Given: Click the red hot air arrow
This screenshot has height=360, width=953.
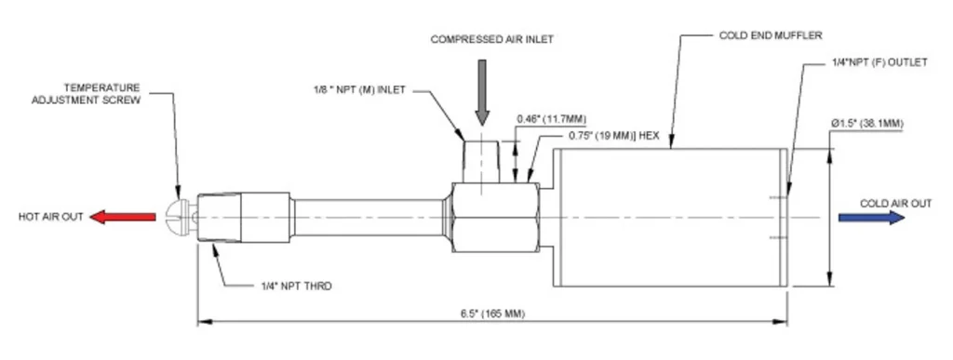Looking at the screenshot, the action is (x=123, y=217).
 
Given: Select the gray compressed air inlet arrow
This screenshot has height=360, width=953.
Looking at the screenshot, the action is (x=482, y=92).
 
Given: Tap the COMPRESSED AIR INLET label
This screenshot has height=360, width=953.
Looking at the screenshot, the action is (x=492, y=39).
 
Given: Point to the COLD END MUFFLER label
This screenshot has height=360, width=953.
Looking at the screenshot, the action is (x=770, y=35).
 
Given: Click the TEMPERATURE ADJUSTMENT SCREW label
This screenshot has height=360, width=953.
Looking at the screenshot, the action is (x=86, y=94).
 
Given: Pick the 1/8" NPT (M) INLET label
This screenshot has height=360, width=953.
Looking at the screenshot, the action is (x=358, y=90).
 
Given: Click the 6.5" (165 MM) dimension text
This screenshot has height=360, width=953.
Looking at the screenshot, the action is (x=492, y=313).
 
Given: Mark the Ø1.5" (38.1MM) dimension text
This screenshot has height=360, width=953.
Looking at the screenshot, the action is (x=867, y=124).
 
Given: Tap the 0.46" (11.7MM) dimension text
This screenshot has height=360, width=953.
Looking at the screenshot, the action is (x=552, y=119).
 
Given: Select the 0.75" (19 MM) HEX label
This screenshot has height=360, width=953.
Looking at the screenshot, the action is (x=614, y=136).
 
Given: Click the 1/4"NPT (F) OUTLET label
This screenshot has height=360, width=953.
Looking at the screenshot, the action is (x=879, y=62).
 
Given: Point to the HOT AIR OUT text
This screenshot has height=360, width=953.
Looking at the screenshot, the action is (x=50, y=217).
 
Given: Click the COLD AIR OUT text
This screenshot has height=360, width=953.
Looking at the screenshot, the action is (x=895, y=204).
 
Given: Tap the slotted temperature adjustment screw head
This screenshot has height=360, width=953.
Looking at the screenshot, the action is (x=174, y=217).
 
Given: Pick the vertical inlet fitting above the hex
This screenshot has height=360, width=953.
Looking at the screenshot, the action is (x=481, y=162).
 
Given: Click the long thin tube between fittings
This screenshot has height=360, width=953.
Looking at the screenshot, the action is (x=368, y=218).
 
